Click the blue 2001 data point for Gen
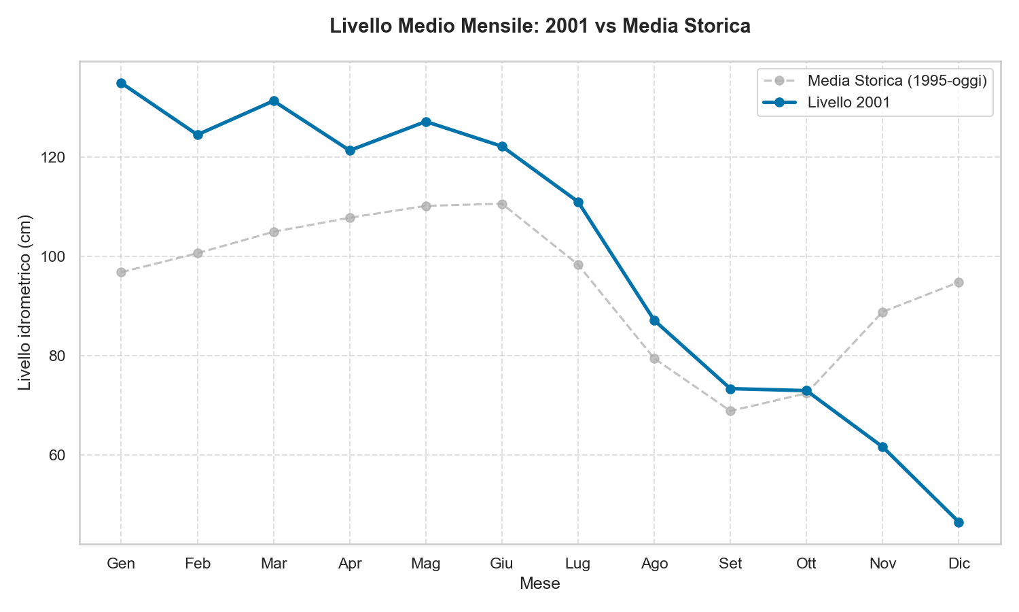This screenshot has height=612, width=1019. pyautogui.click(x=121, y=83)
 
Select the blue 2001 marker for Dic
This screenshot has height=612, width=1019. pyautogui.click(x=959, y=522)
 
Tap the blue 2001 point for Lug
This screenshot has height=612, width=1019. pyautogui.click(x=578, y=202)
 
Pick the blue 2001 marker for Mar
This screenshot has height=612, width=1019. pyautogui.click(x=274, y=101)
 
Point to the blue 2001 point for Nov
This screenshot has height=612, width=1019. pyautogui.click(x=882, y=447)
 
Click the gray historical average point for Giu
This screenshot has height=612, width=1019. pyautogui.click(x=502, y=204)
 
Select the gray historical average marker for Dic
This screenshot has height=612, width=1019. pyautogui.click(x=959, y=282)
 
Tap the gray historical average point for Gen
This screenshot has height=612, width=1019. pyautogui.click(x=121, y=272)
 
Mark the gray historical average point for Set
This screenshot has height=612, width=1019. pyautogui.click(x=730, y=411)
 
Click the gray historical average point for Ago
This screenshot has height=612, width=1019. pyautogui.click(x=654, y=358)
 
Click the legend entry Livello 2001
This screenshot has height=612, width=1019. pyautogui.click(x=848, y=103)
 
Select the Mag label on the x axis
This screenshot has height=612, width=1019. pyautogui.click(x=426, y=564)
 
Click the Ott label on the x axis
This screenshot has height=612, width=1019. pyautogui.click(x=806, y=564)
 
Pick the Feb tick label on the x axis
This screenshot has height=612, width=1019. pyautogui.click(x=198, y=564)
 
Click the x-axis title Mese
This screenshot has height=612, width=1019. pyautogui.click(x=539, y=583)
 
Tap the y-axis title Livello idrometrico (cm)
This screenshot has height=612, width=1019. pyautogui.click(x=25, y=303)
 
